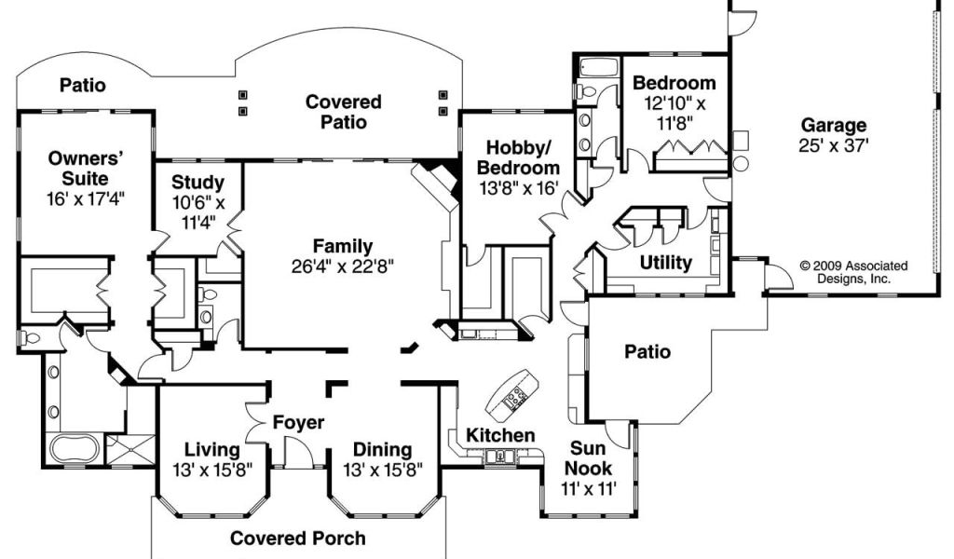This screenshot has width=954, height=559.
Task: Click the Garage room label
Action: pyautogui.click(x=833, y=125)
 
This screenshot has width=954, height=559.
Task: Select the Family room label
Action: pyautogui.click(x=343, y=246)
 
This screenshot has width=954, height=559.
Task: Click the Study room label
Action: pyautogui.click(x=198, y=182)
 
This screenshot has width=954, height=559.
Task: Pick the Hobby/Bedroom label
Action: pyautogui.click(x=518, y=157)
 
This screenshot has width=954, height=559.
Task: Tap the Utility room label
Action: pyautogui.click(x=665, y=263)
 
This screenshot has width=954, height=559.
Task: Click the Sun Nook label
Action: pyautogui.click(x=588, y=458)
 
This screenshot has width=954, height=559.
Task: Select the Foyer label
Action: pyautogui.click(x=298, y=422)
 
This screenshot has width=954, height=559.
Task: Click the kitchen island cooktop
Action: pyautogui.click(x=518, y=397)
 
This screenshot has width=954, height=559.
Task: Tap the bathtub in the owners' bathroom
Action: pyautogui.click(x=74, y=449)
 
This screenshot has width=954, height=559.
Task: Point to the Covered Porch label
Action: pyautogui.click(x=298, y=539)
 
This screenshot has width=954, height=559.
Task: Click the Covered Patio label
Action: pyautogui.click(x=344, y=112)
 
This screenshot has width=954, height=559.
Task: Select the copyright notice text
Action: pyautogui.click(x=853, y=272)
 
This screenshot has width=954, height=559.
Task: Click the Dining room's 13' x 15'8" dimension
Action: pyautogui.click(x=383, y=470)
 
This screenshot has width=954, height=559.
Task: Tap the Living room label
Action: pyautogui.click(x=211, y=450)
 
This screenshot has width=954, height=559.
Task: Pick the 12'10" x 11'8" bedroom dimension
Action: pyautogui.click(x=675, y=113)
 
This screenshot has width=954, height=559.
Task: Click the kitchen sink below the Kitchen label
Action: pyautogui.click(x=500, y=456)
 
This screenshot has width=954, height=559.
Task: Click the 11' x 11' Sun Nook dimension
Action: pyautogui.click(x=589, y=488)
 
